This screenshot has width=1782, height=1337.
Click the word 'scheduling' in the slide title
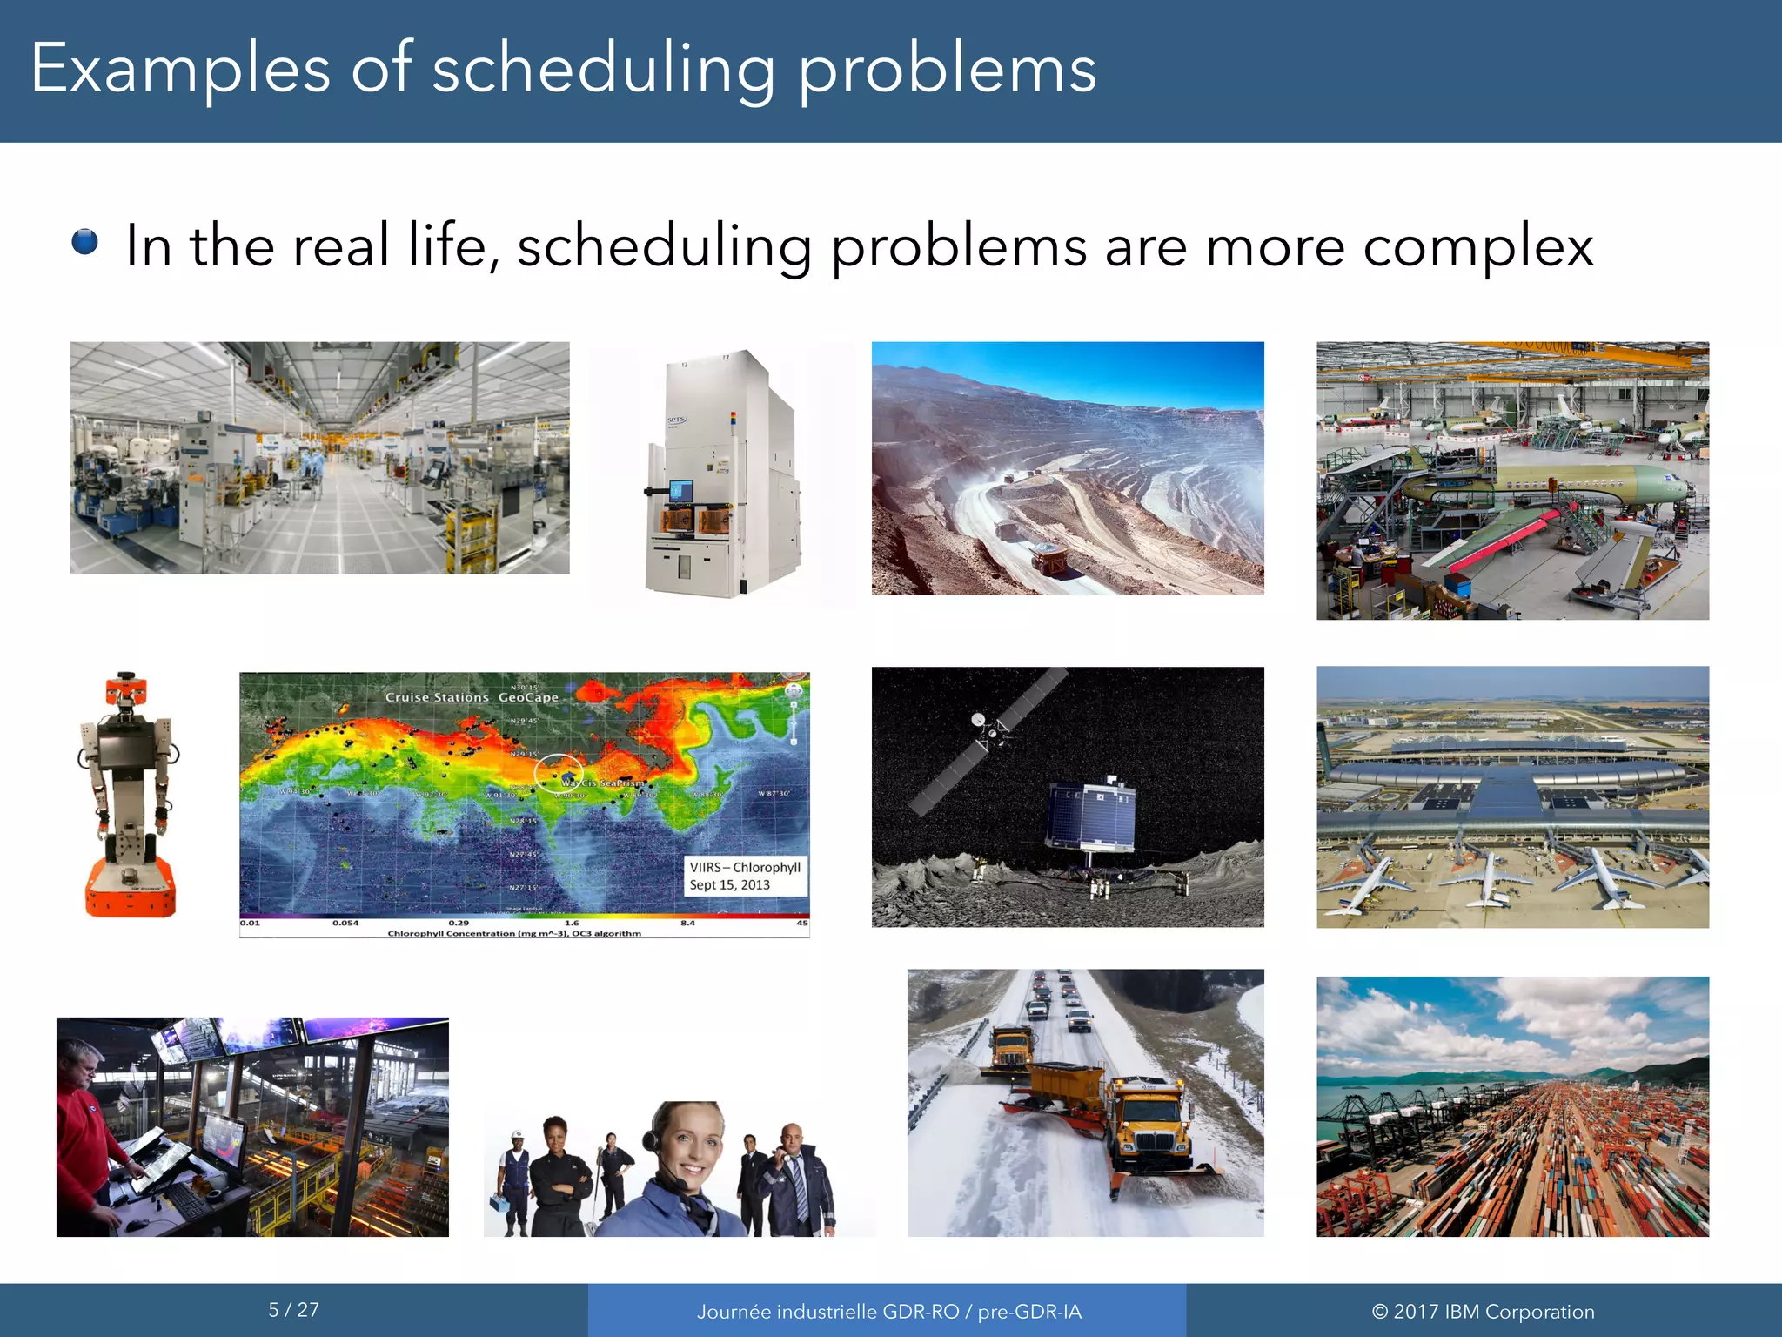[x=603, y=70]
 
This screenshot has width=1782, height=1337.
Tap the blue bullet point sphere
[x=85, y=242]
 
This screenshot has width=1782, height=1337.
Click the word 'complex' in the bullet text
[x=1477, y=247]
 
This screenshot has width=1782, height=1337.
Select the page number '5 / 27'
[x=293, y=1310]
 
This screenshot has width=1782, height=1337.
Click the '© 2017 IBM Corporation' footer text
[x=1483, y=1312]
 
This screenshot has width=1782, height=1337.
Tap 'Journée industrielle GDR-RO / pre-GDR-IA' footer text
[x=888, y=1312]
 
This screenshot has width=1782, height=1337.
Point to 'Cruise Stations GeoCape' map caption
[x=472, y=697]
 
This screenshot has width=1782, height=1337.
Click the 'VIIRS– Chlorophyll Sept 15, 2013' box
[x=746, y=876]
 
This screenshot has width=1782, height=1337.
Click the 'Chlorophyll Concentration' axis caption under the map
[x=513, y=934]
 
